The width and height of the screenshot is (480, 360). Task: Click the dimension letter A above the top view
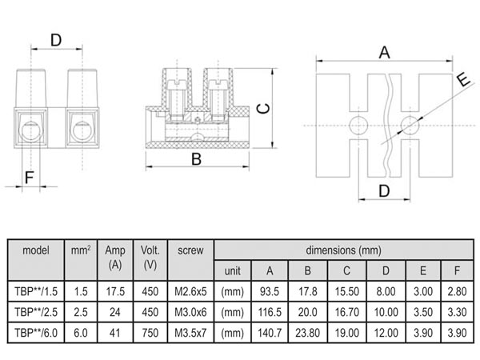383,52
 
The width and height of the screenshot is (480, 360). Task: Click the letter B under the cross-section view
195,158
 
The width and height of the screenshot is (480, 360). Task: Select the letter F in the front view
29,177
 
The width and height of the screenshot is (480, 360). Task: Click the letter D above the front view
56,38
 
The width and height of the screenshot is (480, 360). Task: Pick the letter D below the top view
383,190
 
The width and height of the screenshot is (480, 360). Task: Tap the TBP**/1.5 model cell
36,291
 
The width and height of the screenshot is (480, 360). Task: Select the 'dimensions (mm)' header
346,249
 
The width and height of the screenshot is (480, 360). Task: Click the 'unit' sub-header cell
232,270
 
